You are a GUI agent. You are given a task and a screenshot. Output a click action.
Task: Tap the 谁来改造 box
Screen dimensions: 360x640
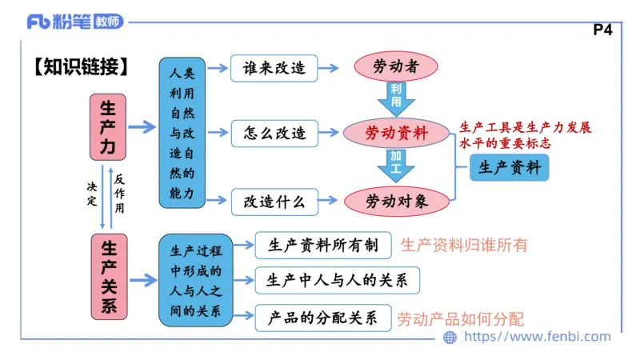[274, 69]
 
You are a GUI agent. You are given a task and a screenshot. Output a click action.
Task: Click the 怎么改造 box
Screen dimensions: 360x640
[274, 133]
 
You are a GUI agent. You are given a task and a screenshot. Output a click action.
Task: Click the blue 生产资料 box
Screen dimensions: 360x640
[510, 168]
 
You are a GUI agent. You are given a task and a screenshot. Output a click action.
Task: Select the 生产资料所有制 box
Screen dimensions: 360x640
[322, 246]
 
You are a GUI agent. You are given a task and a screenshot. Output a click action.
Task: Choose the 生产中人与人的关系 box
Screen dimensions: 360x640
[336, 280]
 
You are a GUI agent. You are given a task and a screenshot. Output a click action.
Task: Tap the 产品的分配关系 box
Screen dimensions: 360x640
[322, 317]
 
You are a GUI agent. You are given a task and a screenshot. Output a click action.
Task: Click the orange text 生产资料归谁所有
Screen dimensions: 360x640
[464, 246]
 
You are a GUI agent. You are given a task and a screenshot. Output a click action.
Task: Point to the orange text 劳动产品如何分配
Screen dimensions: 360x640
[461, 318]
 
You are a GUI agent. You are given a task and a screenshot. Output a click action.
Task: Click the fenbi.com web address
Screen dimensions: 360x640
[528, 337]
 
